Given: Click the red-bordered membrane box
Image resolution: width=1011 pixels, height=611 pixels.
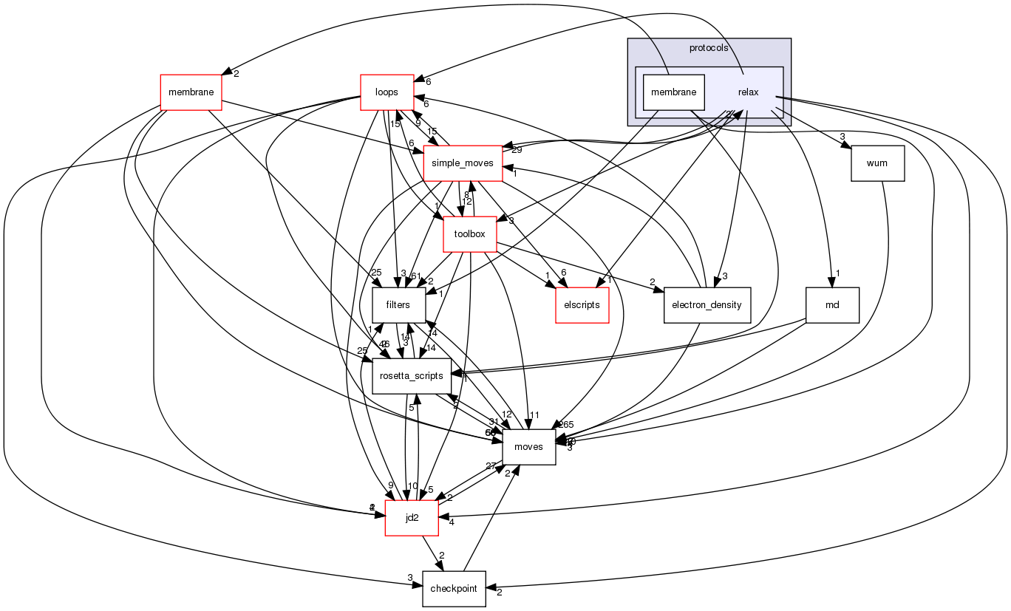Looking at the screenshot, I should pos(191,92).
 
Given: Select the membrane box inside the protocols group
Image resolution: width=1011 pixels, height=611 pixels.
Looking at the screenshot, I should pos(673,92).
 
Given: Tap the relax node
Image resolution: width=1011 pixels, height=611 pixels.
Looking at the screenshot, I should pos(749,92).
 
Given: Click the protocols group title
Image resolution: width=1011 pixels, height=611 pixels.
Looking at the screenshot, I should pos(708,48).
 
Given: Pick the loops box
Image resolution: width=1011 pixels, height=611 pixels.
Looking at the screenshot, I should pos(387,92).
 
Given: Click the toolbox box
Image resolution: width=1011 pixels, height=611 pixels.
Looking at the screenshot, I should pos(469,234).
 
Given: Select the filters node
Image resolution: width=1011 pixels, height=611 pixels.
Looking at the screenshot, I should pos(398,305).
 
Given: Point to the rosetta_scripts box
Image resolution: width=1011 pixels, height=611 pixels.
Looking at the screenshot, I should pos(412,376).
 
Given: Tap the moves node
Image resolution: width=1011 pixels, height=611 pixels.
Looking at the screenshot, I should pos(528,447).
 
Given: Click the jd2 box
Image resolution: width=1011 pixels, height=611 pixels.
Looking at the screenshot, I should pos(412,518).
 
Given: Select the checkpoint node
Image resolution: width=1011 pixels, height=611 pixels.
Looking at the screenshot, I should pos(454,589).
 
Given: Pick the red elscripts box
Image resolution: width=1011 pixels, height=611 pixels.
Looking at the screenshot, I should pos(582,305).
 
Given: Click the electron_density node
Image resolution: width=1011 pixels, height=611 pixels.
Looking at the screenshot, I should pos(707,305).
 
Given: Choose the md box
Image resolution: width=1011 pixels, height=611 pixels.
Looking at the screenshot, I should pos(832,305).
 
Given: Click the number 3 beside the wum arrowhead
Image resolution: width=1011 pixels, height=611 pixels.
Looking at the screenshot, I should pos(842,137).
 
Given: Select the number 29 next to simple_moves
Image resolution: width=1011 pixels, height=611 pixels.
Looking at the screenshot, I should pos(516,151).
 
